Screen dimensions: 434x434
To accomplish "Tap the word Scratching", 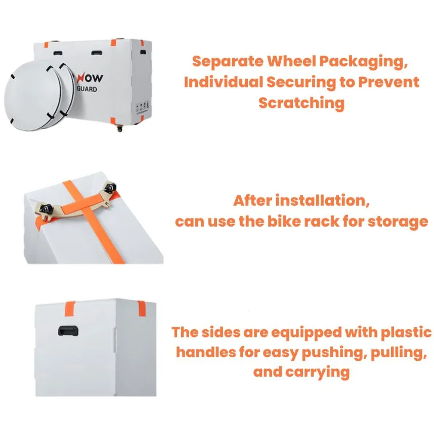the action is point(301,103).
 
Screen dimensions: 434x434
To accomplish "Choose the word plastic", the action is point(406,332).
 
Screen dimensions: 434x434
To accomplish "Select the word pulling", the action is point(399,353).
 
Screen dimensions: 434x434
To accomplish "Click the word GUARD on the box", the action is point(86,89).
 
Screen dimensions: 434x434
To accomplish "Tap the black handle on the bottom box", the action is point(68,331).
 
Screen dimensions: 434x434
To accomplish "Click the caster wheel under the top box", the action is point(120,128).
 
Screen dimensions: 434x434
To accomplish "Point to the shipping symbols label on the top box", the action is point(143,107).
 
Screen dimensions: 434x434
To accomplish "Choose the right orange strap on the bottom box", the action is point(142,309).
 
